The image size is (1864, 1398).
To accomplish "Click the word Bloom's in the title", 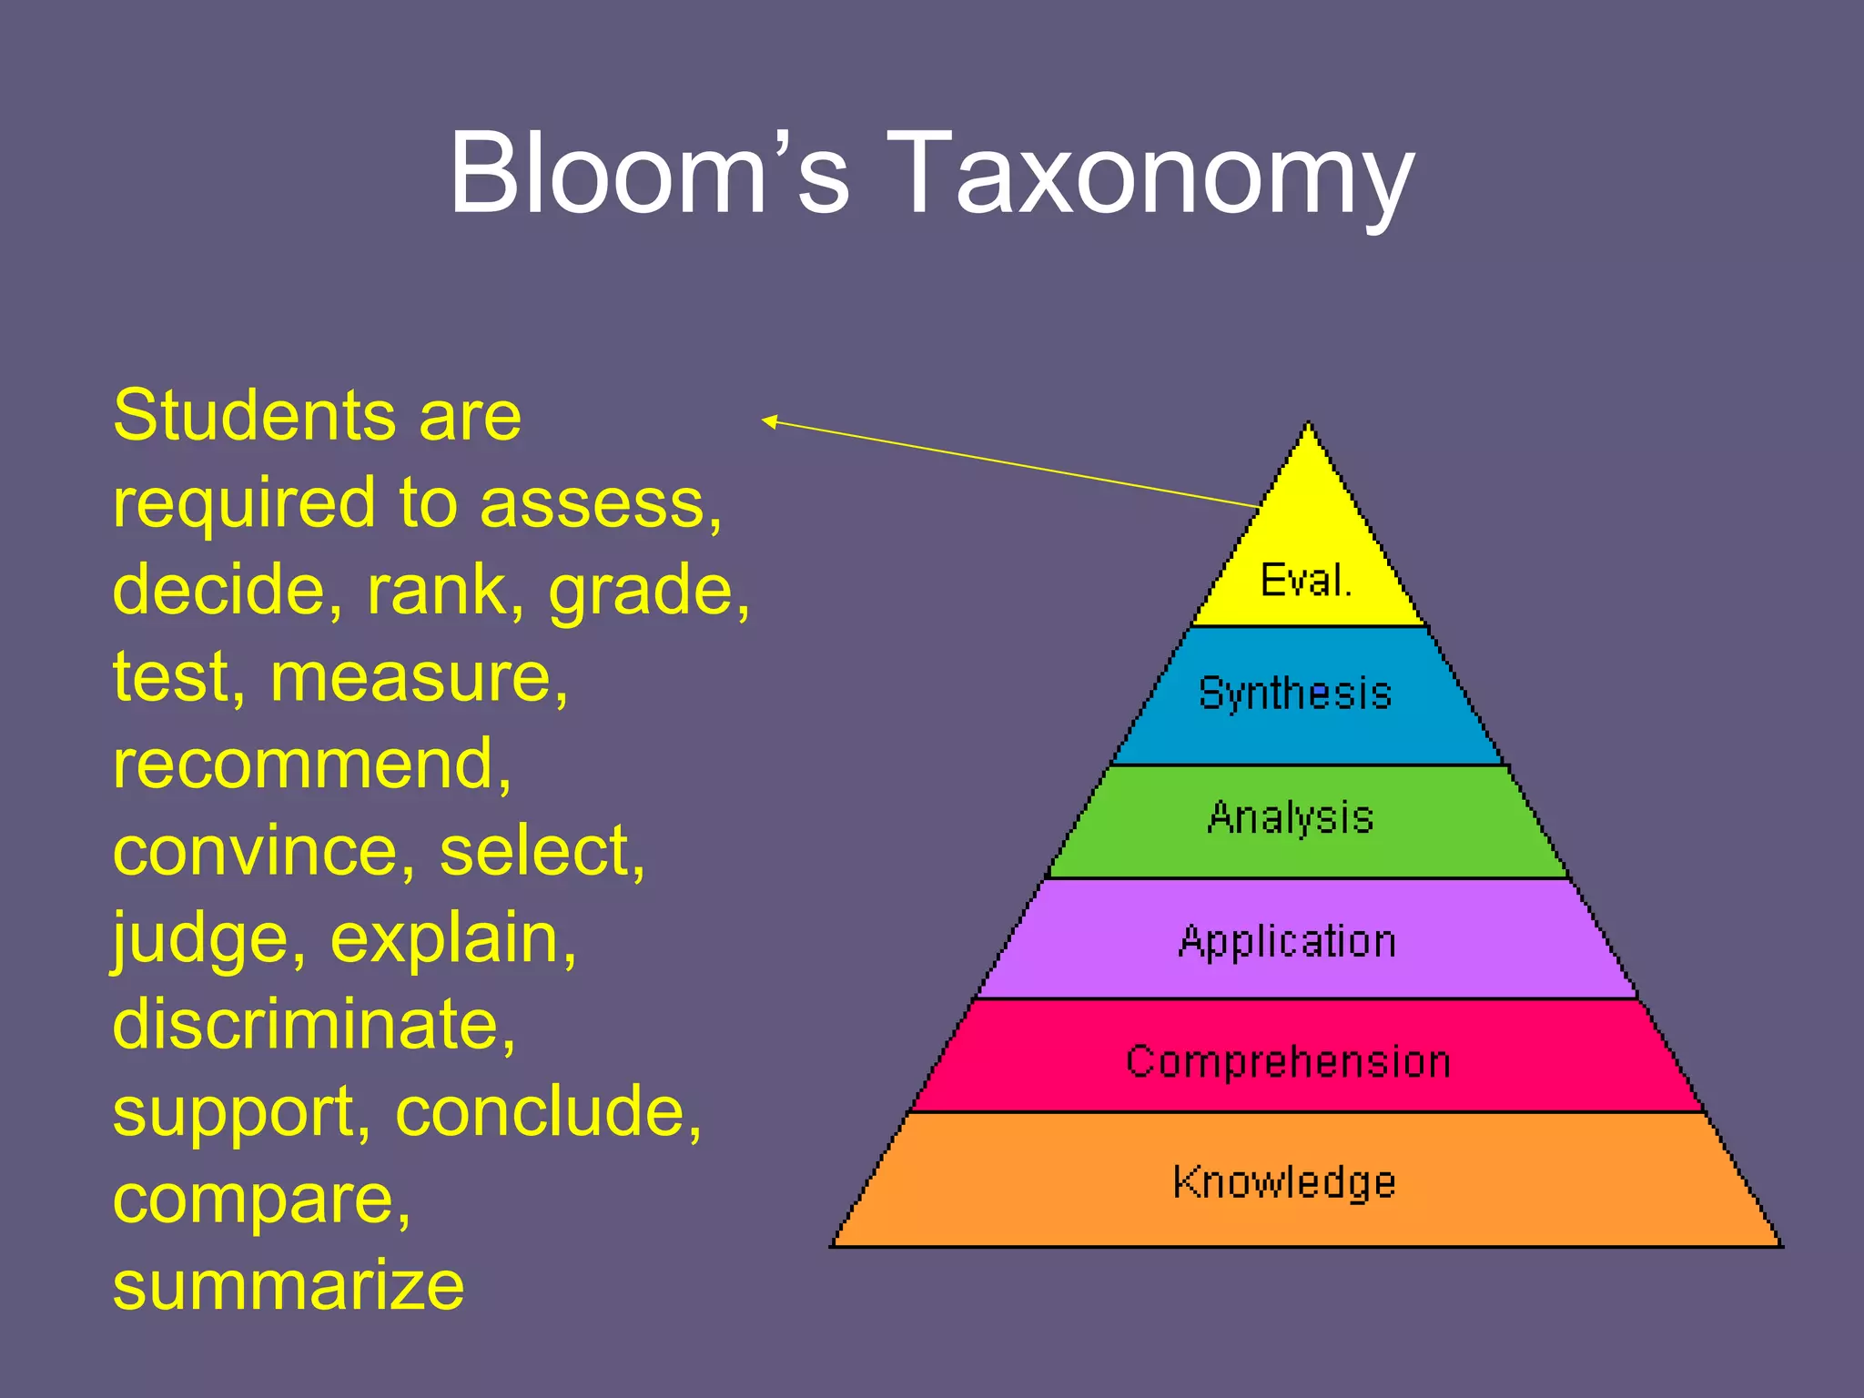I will [x=649, y=173].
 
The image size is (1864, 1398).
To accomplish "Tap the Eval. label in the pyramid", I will [x=1306, y=580].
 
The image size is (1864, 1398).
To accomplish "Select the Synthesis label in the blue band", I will [x=1295, y=694].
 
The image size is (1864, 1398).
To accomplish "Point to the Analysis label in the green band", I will [x=1290, y=817].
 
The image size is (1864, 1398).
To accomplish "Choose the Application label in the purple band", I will [x=1287, y=941].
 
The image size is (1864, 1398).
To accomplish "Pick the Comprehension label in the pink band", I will [x=1288, y=1061].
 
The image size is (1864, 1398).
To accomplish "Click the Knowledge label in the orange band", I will [x=1284, y=1182].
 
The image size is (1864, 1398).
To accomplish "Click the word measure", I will [x=418, y=678].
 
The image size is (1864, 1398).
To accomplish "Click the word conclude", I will [x=546, y=1112].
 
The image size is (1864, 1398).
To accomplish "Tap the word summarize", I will [x=289, y=1285].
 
